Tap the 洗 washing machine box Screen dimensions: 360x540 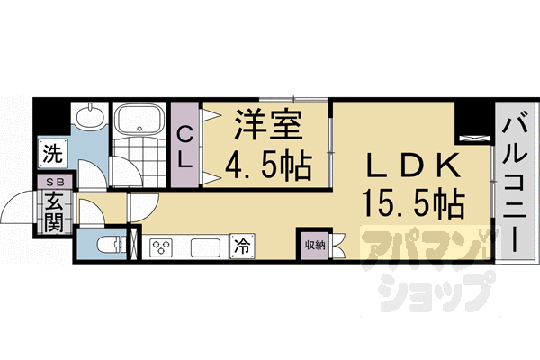(52, 152)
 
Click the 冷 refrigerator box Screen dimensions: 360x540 (242, 245)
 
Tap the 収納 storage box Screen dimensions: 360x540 (313, 244)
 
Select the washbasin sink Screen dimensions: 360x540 (89, 117)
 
